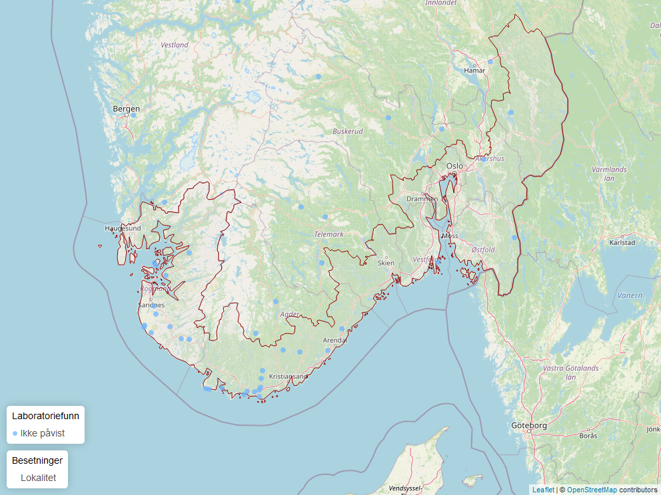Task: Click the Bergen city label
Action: pyautogui.click(x=127, y=108)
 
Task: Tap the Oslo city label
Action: pyautogui.click(x=454, y=166)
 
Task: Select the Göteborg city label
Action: pyautogui.click(x=529, y=425)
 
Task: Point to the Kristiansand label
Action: pyautogui.click(x=288, y=377)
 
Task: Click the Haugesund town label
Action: pyautogui.click(x=123, y=228)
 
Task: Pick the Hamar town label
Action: pyautogui.click(x=474, y=70)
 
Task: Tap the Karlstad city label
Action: pyautogui.click(x=622, y=243)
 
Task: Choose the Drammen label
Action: pyautogui.click(x=422, y=199)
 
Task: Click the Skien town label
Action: pyautogui.click(x=386, y=263)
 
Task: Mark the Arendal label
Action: pyautogui.click(x=335, y=341)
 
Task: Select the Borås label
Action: pyautogui.click(x=588, y=436)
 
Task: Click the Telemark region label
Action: pyautogui.click(x=329, y=234)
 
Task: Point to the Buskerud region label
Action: pyautogui.click(x=348, y=131)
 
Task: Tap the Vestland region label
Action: pyautogui.click(x=175, y=45)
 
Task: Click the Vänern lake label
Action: pyautogui.click(x=630, y=295)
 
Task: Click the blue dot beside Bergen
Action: pyautogui.click(x=133, y=115)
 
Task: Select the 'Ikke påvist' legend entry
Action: pyautogui.click(x=42, y=433)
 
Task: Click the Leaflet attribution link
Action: pyautogui.click(x=543, y=490)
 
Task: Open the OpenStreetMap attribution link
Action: pyautogui.click(x=592, y=490)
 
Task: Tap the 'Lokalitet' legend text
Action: pyautogui.click(x=38, y=478)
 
